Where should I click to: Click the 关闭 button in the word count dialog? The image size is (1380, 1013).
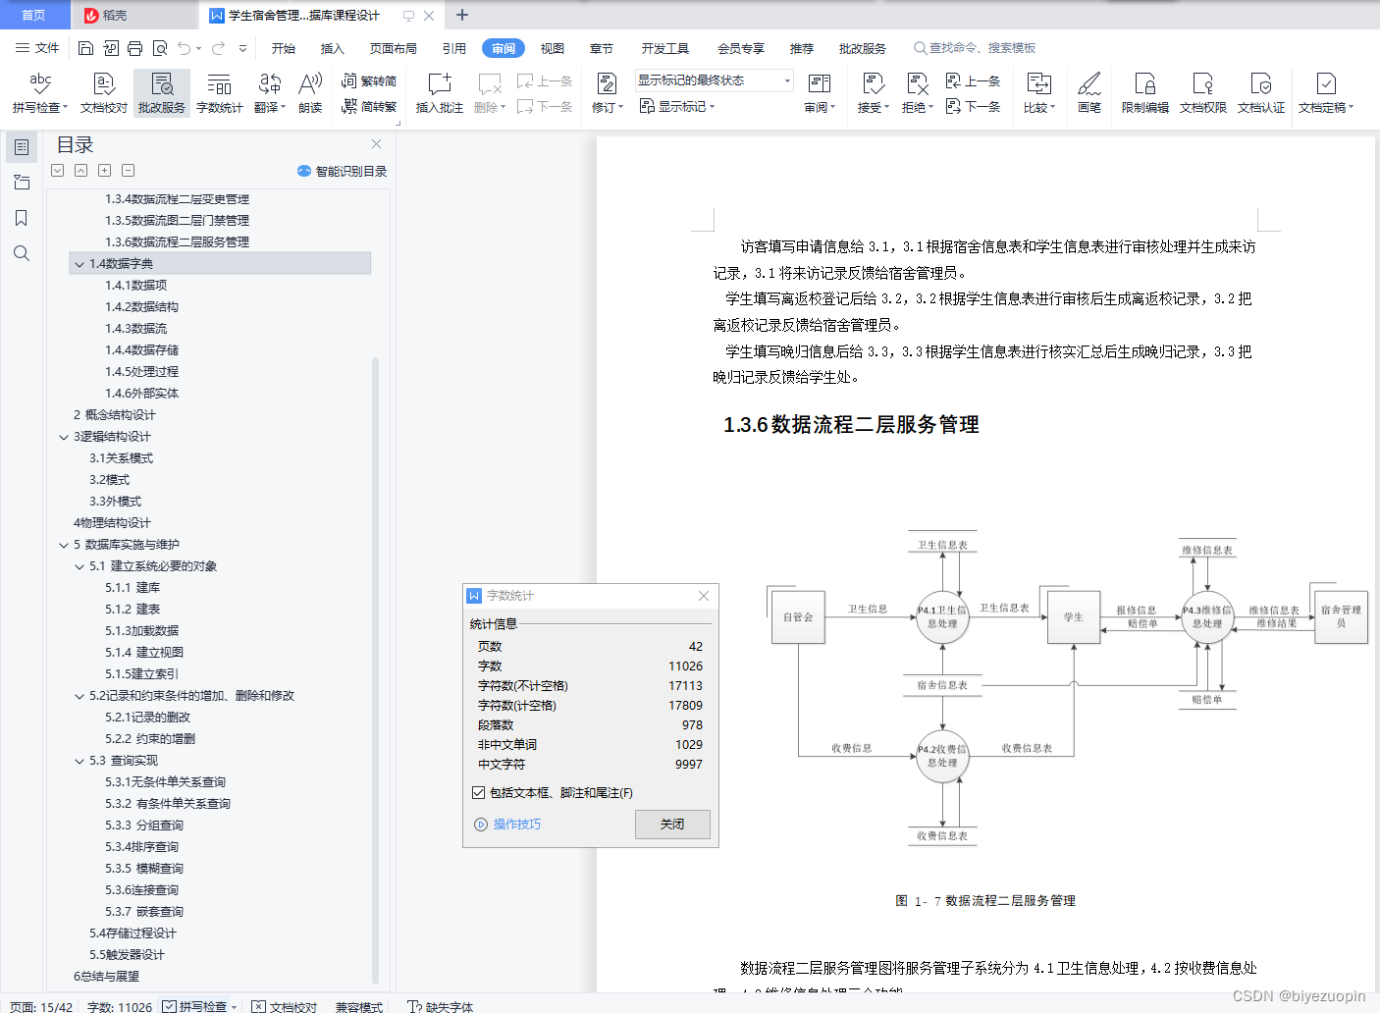click(x=672, y=825)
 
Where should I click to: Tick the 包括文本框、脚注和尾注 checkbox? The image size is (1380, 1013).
click(x=479, y=793)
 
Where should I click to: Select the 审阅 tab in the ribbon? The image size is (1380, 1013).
click(x=503, y=48)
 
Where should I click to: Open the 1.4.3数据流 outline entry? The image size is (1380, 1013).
click(x=136, y=329)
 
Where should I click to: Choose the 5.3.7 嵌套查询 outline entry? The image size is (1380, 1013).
click(x=144, y=912)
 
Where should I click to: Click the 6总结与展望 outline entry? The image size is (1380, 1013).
click(x=106, y=977)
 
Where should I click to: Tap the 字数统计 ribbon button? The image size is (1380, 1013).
click(x=219, y=93)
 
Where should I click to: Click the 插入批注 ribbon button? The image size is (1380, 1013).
click(x=439, y=93)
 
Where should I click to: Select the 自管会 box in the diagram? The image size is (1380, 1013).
click(x=798, y=617)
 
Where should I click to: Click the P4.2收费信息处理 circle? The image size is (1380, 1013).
click(x=942, y=756)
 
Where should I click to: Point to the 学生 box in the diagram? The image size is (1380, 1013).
click(x=1073, y=617)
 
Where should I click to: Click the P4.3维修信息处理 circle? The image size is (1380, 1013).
click(x=1207, y=617)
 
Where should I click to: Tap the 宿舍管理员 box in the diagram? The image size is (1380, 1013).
click(x=1341, y=617)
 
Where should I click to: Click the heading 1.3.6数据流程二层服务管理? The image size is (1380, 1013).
click(x=851, y=425)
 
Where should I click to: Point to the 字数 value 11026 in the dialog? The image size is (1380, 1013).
click(x=685, y=666)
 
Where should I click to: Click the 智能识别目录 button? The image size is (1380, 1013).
click(x=343, y=172)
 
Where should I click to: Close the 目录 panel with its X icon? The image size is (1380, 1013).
click(x=376, y=144)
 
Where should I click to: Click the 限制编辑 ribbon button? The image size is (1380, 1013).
click(x=1144, y=93)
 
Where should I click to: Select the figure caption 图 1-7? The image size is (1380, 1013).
click(x=985, y=901)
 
